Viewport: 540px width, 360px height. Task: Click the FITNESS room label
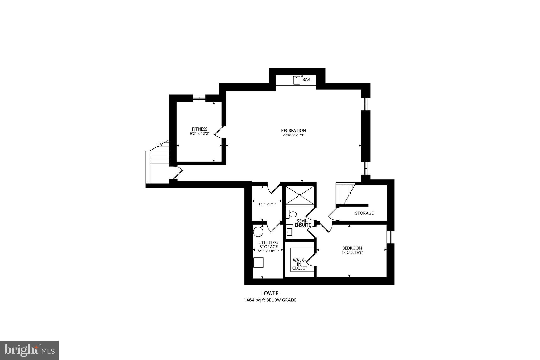(x=200, y=129)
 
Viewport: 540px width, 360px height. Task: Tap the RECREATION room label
(x=293, y=131)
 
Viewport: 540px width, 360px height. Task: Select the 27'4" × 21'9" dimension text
(x=293, y=135)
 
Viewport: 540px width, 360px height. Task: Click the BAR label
(x=306, y=79)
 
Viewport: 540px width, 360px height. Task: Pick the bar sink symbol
(x=297, y=80)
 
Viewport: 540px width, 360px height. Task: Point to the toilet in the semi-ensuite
(x=291, y=214)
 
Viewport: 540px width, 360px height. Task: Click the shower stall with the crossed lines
(x=300, y=195)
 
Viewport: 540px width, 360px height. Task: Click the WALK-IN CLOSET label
(x=300, y=264)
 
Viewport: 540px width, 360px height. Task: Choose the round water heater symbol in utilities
(x=258, y=232)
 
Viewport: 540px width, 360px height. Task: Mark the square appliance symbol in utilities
(x=258, y=263)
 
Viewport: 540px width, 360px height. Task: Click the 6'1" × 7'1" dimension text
(x=268, y=204)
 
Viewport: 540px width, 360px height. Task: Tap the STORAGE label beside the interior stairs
(x=364, y=213)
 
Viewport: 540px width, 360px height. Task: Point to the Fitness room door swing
(x=219, y=132)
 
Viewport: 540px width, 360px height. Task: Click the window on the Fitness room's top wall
(x=199, y=98)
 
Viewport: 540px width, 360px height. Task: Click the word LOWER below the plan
(x=270, y=293)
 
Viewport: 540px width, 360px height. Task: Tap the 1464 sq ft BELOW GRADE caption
(x=270, y=300)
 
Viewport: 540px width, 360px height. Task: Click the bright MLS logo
(x=29, y=350)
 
